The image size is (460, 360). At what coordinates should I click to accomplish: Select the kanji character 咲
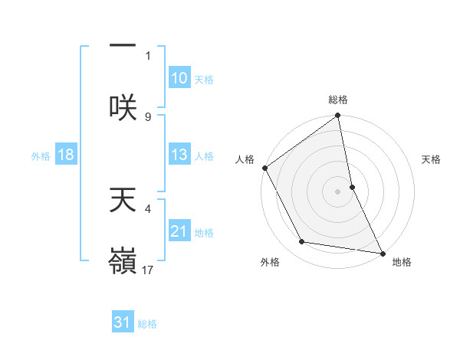(x=123, y=106)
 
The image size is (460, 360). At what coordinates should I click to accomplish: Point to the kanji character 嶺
(x=123, y=260)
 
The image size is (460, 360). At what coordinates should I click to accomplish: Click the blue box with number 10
(x=179, y=78)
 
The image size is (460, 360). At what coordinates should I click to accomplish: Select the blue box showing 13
(x=179, y=155)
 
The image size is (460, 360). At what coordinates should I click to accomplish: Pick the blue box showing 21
(x=179, y=231)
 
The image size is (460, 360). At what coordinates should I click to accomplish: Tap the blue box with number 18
(x=65, y=155)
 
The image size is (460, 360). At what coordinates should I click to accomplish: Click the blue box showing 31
(x=123, y=322)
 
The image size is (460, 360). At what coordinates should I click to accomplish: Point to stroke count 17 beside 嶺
(x=149, y=270)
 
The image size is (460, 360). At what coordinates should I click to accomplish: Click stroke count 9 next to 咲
(x=148, y=116)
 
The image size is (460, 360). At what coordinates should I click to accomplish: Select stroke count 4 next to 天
(x=148, y=207)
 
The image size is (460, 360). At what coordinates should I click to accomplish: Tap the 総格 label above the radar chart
(x=338, y=100)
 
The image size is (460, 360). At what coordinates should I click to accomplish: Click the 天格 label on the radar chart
(x=432, y=159)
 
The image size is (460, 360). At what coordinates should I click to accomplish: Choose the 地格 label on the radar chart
(x=402, y=262)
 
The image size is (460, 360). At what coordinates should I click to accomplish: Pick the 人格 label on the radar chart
(x=245, y=159)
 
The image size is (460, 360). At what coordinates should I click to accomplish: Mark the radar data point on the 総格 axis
(x=338, y=116)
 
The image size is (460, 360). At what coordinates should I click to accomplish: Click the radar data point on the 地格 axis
(x=382, y=252)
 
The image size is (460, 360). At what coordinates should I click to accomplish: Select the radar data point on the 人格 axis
(x=265, y=168)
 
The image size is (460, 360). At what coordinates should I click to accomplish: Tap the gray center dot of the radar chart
(x=338, y=191)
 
